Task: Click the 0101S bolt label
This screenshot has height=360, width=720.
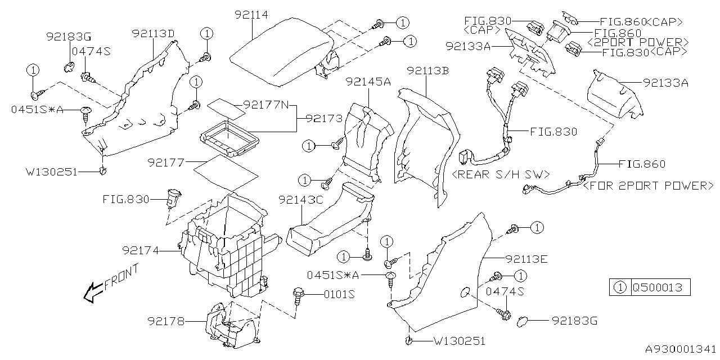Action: tap(340, 294)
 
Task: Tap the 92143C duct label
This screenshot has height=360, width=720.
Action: tap(299, 200)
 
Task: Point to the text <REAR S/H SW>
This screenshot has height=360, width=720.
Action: tap(501, 174)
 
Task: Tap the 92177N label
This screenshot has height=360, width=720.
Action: tap(265, 104)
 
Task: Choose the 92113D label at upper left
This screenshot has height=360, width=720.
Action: tap(152, 33)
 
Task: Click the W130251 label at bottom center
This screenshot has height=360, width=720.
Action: tap(459, 341)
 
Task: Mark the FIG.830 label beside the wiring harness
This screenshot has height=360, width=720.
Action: tap(553, 132)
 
